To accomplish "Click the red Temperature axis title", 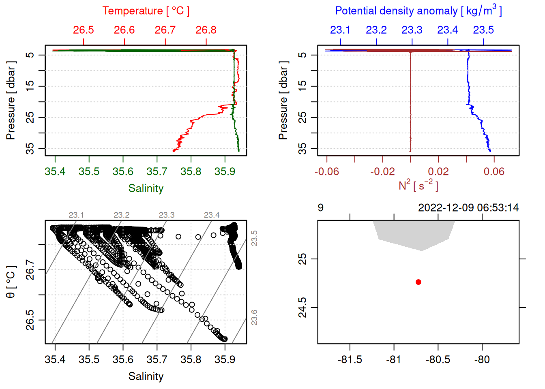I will (x=146, y=11).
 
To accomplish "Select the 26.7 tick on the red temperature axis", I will (x=165, y=30).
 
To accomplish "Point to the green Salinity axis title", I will (x=146, y=188).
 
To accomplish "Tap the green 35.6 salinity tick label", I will (x=123, y=172).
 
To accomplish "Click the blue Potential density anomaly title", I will (x=418, y=11).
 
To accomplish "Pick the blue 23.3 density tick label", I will (x=412, y=30).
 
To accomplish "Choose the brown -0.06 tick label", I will (x=327, y=172).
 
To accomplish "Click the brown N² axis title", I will (x=418, y=185).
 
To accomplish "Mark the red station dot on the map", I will (x=418, y=282).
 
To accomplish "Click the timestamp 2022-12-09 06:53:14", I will (x=468, y=208).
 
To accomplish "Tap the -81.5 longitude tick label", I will (x=350, y=360).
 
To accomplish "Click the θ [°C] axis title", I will (x=11, y=282).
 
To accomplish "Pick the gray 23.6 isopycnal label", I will (x=254, y=317).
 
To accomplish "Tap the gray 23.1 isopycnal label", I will (x=76, y=215).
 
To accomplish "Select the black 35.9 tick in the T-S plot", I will (x=225, y=360).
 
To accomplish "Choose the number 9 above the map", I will (x=320, y=208).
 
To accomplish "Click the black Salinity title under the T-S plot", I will (x=146, y=376).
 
